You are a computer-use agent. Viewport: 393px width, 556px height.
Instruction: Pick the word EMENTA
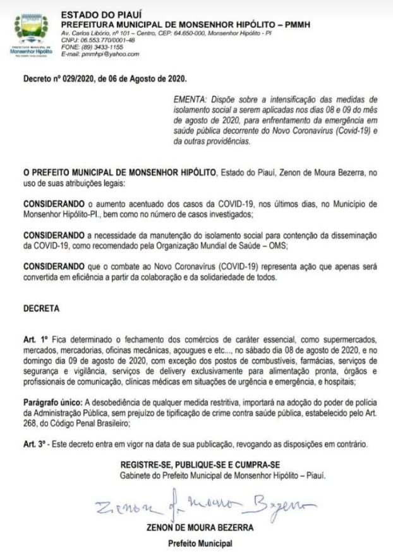[x=188, y=100]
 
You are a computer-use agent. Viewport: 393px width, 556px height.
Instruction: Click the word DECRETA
[x=41, y=309]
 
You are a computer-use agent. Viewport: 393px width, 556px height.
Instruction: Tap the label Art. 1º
[x=35, y=340]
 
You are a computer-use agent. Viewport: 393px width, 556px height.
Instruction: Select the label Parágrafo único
[x=51, y=400]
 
